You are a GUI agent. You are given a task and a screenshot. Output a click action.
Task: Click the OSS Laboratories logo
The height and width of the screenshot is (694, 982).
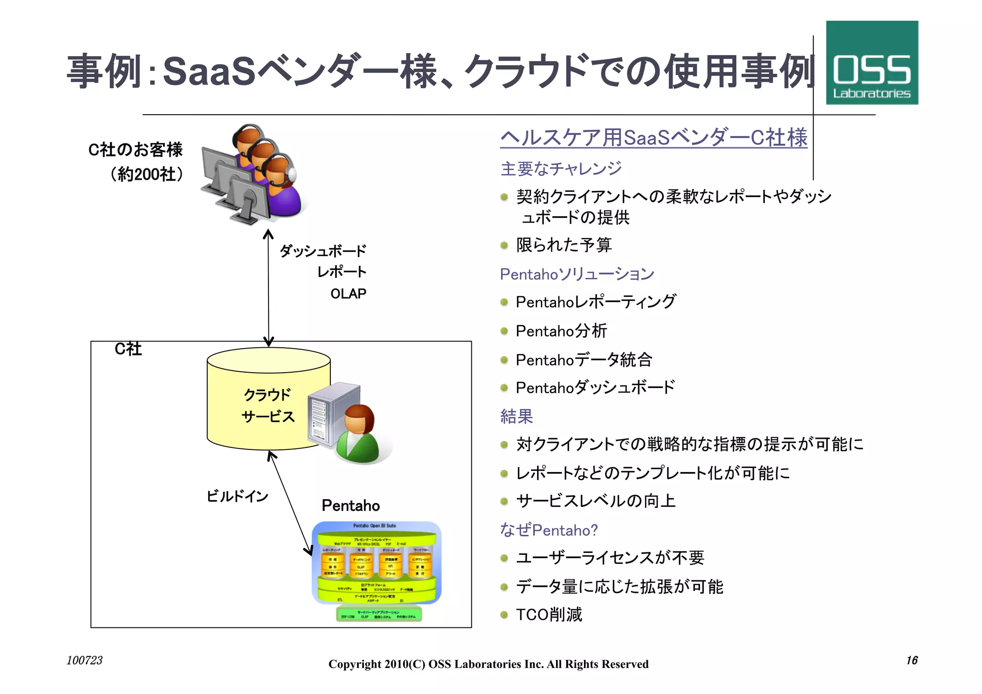872,63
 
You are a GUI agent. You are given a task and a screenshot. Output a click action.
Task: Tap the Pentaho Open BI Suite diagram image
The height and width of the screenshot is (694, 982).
376,571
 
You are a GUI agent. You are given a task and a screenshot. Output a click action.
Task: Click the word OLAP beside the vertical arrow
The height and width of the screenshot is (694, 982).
348,294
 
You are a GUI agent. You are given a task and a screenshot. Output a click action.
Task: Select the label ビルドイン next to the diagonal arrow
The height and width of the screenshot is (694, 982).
237,496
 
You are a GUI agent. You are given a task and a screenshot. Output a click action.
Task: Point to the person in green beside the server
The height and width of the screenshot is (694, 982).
358,434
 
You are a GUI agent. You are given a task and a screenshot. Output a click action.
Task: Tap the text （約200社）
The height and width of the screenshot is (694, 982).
146,174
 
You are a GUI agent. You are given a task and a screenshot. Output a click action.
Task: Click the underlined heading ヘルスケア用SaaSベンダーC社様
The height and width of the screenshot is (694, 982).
654,138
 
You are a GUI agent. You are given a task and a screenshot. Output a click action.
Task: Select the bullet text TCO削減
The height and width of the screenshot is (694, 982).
549,614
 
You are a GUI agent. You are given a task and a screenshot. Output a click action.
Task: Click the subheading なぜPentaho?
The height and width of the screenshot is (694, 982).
549,530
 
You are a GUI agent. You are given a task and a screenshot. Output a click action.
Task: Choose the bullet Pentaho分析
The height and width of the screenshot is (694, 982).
561,331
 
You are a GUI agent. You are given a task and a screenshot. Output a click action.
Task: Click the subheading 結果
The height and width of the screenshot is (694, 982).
516,416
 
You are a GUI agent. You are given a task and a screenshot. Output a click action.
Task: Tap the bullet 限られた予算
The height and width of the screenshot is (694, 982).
563,245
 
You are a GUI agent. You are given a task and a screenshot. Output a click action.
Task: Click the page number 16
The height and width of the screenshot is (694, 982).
912,660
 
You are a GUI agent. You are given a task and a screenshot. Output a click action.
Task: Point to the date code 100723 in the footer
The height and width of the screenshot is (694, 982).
84,660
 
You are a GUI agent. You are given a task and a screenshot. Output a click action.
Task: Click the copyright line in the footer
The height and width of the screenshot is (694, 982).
488,664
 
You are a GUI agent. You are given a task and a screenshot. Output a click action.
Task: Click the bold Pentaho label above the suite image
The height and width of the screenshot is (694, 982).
351,506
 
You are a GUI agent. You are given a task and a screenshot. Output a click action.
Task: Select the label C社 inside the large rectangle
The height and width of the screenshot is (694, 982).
128,349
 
